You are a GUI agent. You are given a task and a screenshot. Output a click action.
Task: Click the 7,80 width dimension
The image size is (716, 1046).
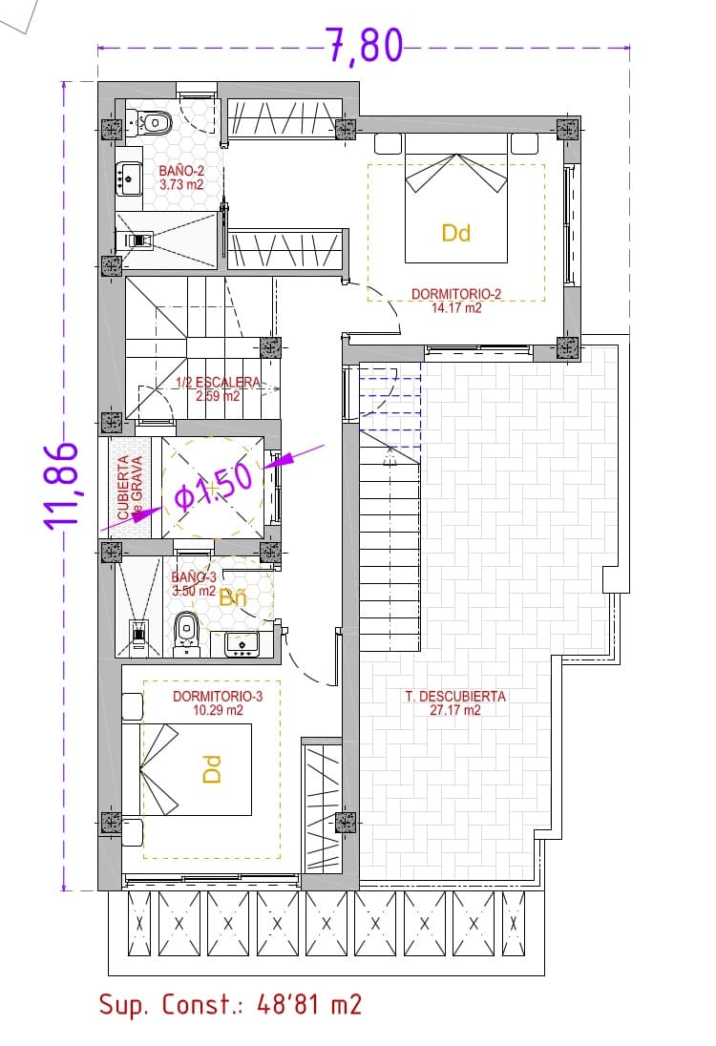364,46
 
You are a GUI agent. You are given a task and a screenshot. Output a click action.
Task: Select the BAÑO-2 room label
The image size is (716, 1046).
180,172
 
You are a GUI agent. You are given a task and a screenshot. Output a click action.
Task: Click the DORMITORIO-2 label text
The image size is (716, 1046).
456,294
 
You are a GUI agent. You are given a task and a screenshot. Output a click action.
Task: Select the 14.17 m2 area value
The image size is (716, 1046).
456,307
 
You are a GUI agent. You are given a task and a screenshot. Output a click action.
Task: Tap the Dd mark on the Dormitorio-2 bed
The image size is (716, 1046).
456,232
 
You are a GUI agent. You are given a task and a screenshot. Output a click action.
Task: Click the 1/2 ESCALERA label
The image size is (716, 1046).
218,383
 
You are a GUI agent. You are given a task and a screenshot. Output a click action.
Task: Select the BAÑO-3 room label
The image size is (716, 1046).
195,577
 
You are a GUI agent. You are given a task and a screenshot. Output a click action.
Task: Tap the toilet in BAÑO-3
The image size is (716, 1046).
186,630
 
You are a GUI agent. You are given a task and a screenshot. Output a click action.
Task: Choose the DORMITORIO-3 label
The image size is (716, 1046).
217,697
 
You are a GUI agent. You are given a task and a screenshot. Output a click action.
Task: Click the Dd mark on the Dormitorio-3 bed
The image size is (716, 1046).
212,769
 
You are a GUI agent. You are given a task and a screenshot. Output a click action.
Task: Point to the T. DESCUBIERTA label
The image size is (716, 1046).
455,697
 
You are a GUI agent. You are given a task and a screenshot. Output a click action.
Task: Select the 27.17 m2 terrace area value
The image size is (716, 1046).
455,710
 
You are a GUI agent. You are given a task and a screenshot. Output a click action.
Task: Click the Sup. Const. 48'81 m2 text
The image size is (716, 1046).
230,1004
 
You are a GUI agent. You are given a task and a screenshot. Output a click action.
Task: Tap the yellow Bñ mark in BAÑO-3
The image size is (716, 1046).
233,599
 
